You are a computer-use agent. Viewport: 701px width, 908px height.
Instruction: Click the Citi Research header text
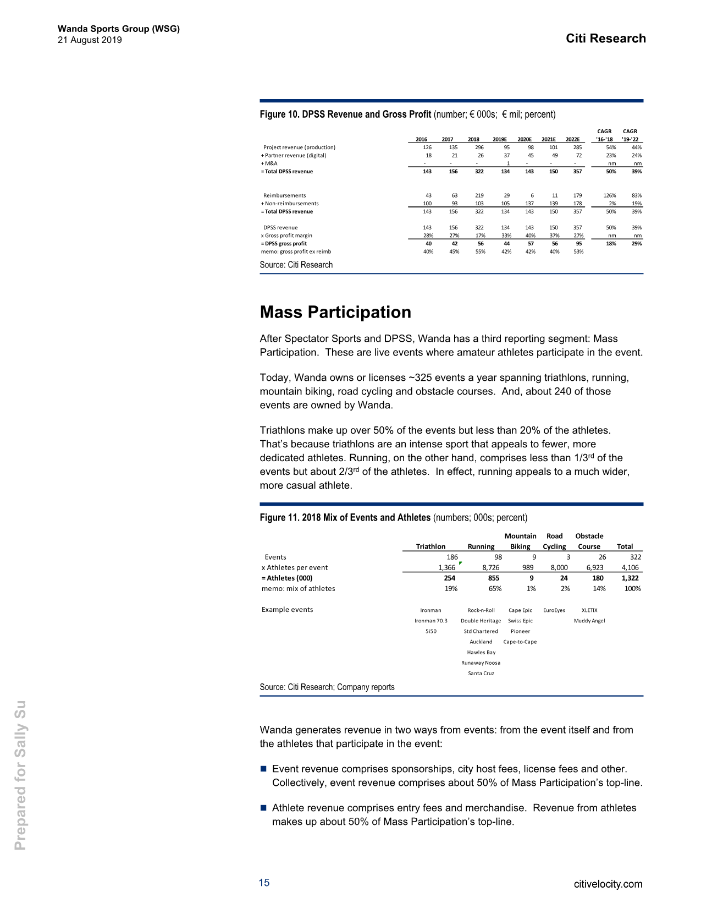click(605, 39)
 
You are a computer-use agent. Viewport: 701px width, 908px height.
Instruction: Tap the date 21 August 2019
click(90, 40)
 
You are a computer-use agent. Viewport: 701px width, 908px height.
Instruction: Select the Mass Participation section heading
click(335, 312)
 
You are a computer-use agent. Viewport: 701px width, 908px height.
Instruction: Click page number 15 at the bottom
click(264, 883)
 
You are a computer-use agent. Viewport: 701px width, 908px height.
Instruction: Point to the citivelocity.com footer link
click(608, 884)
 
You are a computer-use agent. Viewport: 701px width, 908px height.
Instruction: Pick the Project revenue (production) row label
click(299, 147)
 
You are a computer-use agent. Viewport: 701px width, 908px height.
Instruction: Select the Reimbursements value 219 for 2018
click(479, 195)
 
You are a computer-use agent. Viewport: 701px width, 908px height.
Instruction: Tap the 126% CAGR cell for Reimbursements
click(610, 195)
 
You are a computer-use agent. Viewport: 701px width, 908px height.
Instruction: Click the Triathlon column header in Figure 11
click(430, 546)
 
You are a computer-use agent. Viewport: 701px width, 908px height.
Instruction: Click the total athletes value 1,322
click(630, 578)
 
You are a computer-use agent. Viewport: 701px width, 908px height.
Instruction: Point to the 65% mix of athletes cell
click(495, 588)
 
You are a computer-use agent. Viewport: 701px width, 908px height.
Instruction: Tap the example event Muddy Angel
click(589, 621)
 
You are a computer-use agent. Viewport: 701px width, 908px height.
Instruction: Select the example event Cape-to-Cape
click(520, 642)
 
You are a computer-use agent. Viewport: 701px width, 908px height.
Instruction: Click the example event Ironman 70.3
click(430, 621)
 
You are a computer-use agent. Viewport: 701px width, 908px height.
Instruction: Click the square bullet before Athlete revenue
click(263, 808)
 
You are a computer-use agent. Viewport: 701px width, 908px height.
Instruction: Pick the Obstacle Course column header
click(589, 541)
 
